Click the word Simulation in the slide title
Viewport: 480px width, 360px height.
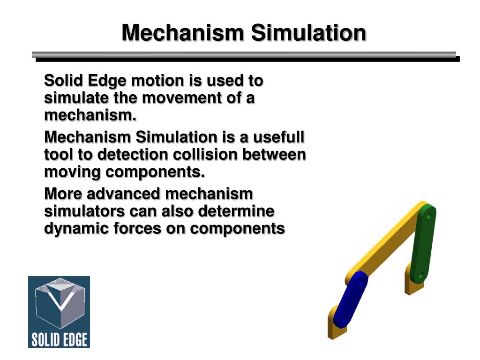point(308,33)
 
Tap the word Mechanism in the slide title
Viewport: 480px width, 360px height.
point(183,33)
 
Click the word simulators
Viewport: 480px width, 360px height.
point(84,211)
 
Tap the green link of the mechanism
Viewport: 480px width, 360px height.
point(423,244)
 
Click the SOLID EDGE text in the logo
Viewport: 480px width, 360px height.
point(59,339)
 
